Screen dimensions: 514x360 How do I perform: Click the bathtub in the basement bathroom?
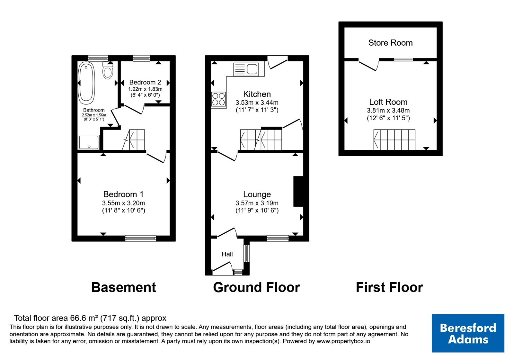tap(86, 83)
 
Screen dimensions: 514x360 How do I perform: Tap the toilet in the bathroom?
tap(108, 70)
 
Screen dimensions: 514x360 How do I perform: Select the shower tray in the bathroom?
tap(89, 142)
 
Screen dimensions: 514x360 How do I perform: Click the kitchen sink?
tap(246, 69)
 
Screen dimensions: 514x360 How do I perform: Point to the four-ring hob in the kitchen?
tap(219, 99)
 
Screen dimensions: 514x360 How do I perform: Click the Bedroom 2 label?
tap(145, 82)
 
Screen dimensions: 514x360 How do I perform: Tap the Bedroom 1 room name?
tap(123, 194)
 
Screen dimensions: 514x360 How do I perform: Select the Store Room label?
tap(390, 43)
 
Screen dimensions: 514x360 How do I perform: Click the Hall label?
tap(227, 254)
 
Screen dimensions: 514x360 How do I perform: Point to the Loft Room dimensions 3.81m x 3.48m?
tap(388, 111)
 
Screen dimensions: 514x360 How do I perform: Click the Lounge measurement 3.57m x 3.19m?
tap(257, 203)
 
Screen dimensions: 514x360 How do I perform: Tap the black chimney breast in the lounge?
tap(298, 191)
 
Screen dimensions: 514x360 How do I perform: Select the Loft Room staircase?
tap(394, 140)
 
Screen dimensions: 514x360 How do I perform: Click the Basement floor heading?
tap(124, 287)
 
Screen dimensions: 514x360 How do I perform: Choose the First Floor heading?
tap(389, 287)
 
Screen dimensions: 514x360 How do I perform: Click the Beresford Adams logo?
tap(468, 333)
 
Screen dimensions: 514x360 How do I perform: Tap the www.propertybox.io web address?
tap(343, 341)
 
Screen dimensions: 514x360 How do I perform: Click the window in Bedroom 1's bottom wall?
tap(141, 238)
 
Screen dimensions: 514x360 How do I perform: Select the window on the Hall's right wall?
tap(246, 253)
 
